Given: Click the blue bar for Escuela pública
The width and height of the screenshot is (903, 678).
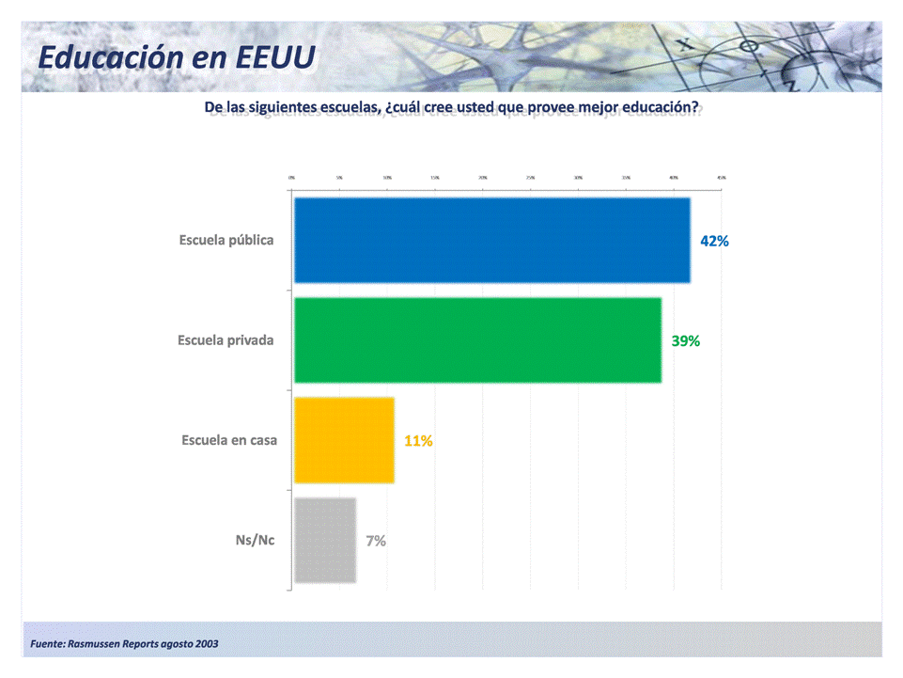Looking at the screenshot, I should [x=492, y=241].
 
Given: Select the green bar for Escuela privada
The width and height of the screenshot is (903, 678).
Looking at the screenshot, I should [x=477, y=340].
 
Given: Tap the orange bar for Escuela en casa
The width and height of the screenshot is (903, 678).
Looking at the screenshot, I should [x=344, y=440].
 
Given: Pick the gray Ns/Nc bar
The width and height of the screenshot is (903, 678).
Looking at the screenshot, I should [x=325, y=541].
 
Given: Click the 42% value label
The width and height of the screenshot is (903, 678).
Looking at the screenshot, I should [x=714, y=241].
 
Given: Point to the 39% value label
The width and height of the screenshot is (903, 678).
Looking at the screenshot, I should [x=686, y=341].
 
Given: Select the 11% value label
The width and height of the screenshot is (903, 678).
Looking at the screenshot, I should [x=418, y=441].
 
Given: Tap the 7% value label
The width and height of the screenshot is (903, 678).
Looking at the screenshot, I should [x=376, y=541].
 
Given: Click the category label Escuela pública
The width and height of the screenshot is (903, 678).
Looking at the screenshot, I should [x=226, y=241].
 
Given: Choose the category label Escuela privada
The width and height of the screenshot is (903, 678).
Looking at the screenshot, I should [x=226, y=340].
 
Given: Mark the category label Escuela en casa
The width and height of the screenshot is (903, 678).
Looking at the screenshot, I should [x=229, y=440].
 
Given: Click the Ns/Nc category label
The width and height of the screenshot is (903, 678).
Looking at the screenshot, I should [x=255, y=541].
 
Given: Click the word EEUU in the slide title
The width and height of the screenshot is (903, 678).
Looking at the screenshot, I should [x=276, y=56].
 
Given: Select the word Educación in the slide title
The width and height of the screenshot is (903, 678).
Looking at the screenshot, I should [x=111, y=56].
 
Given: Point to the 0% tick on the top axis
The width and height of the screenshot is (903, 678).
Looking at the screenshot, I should [x=292, y=177].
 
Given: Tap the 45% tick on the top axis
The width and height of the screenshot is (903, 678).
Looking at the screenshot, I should [x=721, y=177].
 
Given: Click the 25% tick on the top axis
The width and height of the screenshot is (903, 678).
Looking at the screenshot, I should [x=531, y=177].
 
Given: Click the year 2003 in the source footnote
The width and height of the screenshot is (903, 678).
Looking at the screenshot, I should [x=208, y=644].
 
